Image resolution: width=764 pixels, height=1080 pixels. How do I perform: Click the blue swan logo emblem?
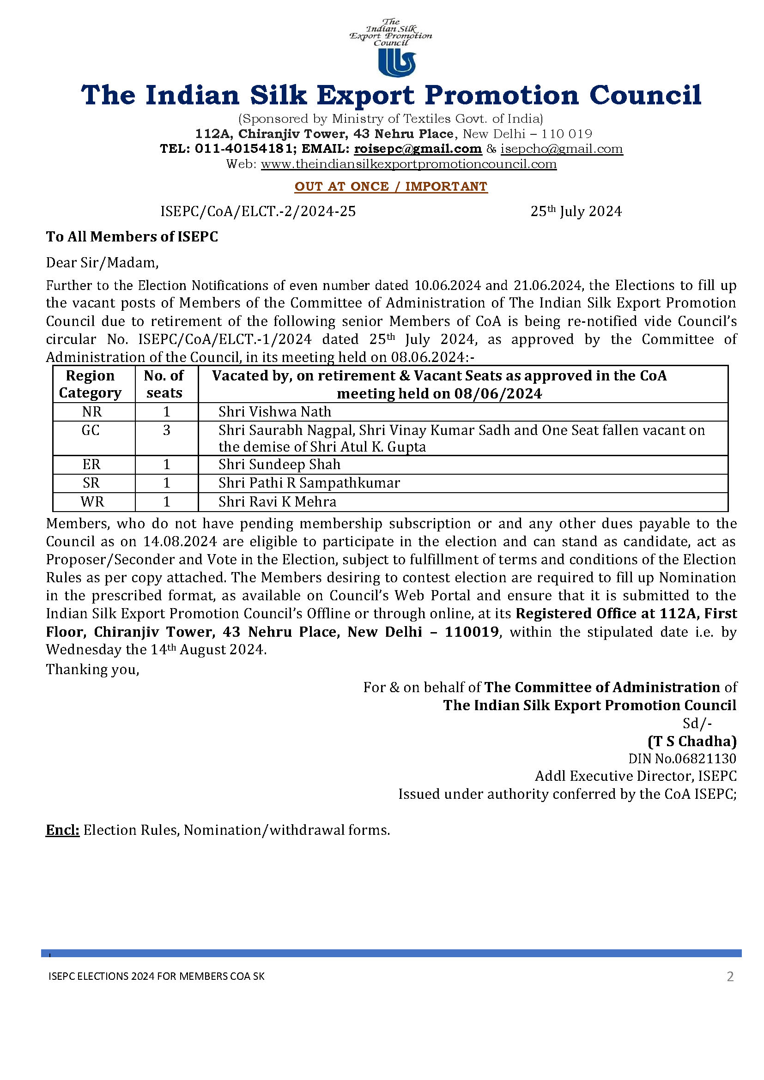click(x=397, y=62)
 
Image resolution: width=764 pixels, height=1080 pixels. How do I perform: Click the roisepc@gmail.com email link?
click(x=418, y=149)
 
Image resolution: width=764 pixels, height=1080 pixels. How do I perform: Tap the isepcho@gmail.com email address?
click(x=561, y=149)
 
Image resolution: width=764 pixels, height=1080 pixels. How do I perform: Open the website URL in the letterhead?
click(x=408, y=164)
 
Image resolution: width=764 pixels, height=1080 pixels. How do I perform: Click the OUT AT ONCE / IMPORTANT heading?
click(x=391, y=186)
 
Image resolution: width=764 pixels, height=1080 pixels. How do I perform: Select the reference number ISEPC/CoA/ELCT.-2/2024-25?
click(x=258, y=211)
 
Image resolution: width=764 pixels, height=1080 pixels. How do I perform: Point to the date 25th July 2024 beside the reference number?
click(x=576, y=211)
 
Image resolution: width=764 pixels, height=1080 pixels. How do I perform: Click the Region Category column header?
click(x=91, y=384)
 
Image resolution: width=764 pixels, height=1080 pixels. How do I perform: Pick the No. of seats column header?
click(x=164, y=384)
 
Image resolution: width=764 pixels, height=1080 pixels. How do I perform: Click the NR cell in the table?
click(x=92, y=412)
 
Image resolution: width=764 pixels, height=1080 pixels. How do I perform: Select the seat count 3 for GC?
click(x=167, y=430)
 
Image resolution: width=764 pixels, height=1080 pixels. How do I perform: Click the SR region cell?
click(x=91, y=483)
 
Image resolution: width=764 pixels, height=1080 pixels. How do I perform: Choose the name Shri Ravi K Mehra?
click(x=277, y=502)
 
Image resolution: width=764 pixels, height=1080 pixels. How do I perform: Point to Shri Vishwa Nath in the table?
click(x=275, y=412)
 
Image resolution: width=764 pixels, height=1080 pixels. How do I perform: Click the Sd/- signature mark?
click(x=697, y=723)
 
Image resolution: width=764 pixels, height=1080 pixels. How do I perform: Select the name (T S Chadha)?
click(x=692, y=742)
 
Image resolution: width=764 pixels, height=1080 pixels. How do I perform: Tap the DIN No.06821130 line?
click(x=682, y=759)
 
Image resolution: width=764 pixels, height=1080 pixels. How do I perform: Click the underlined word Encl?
click(x=62, y=830)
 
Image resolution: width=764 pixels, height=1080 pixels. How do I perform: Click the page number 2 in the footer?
click(x=730, y=977)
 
